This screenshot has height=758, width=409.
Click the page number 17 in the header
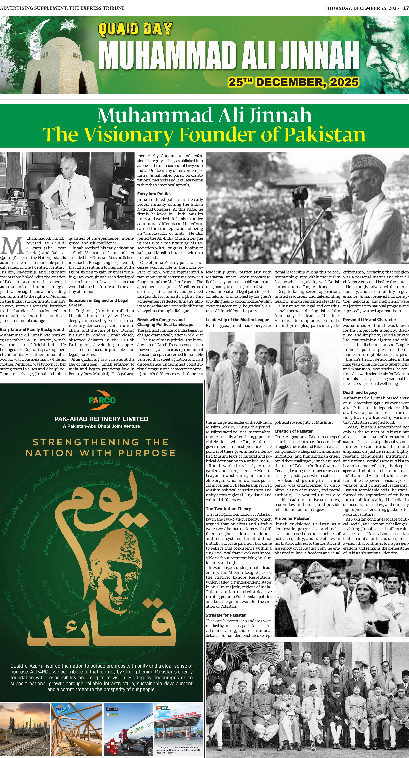point(406,8)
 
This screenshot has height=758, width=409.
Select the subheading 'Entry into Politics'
point(154,194)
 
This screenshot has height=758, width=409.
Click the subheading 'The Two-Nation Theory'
point(228,508)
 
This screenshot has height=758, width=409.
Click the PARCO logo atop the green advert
point(102,400)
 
